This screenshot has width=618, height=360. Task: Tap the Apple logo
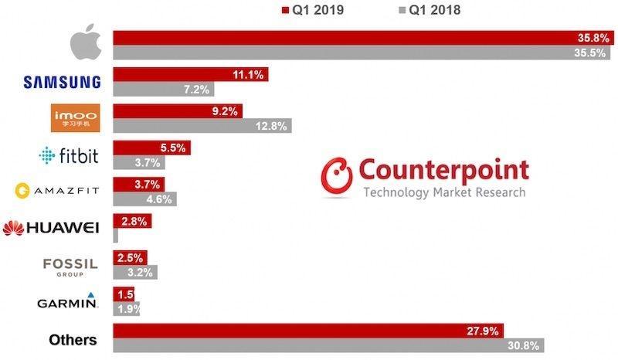[85, 46]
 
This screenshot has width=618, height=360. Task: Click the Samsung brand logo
[63, 82]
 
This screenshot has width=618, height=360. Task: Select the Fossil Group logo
[70, 266]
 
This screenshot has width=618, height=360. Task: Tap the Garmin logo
[68, 301]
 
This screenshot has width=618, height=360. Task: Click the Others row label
[73, 339]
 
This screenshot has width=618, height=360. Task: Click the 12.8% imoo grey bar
[202, 126]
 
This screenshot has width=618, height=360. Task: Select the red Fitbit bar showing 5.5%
[151, 148]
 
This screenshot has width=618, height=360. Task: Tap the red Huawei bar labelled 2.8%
[132, 221]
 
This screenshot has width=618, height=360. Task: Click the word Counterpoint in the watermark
[444, 169]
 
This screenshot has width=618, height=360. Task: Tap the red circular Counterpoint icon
[337, 175]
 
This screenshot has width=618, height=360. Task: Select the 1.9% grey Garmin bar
[127, 308]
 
